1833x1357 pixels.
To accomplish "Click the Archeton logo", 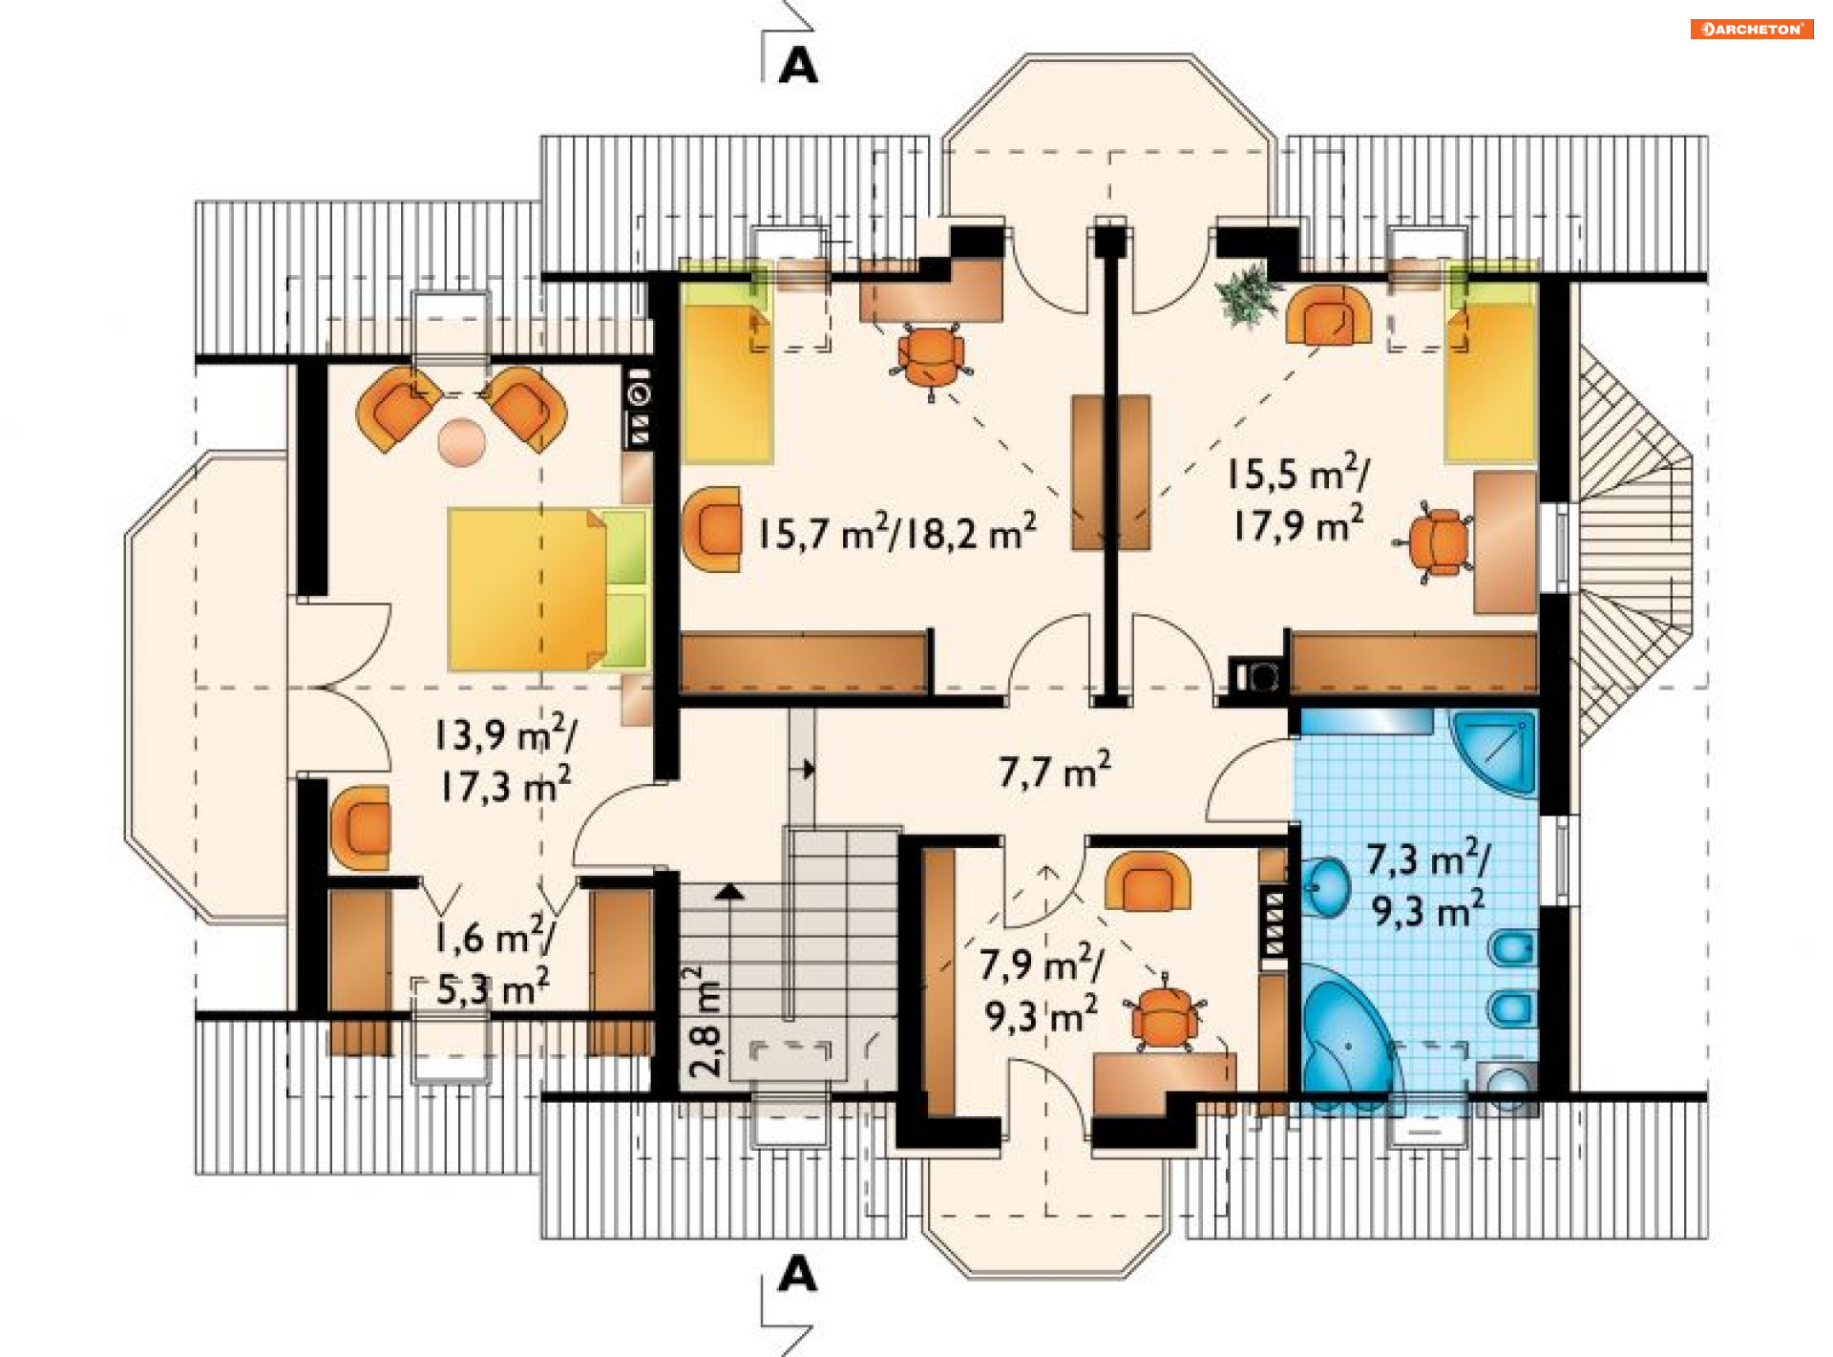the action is point(1751,29).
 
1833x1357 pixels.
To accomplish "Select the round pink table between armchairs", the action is point(462,442).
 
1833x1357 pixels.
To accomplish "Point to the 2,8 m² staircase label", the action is point(706,1021).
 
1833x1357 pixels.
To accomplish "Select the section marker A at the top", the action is point(798,65).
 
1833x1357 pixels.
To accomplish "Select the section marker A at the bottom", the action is point(798,1273).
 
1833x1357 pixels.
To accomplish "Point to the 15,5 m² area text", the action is point(1297,473).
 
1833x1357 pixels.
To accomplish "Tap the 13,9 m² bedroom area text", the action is point(505,734).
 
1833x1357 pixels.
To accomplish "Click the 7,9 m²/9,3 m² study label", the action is point(1042,989).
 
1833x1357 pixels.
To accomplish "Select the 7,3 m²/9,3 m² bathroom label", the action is point(1428,885).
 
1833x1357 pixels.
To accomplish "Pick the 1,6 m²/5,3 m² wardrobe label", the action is point(495,962).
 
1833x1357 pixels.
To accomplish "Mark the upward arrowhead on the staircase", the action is point(730,891).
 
